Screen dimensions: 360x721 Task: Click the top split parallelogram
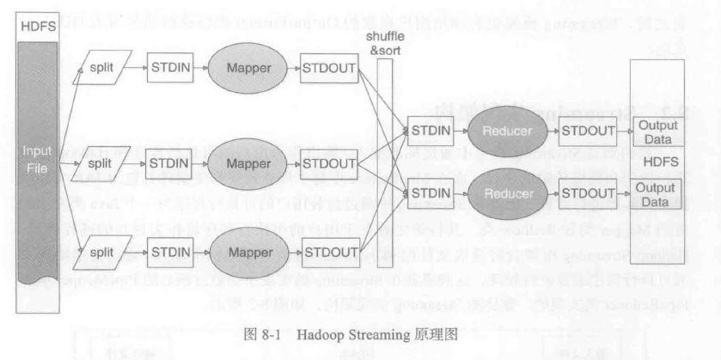pos(102,68)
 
